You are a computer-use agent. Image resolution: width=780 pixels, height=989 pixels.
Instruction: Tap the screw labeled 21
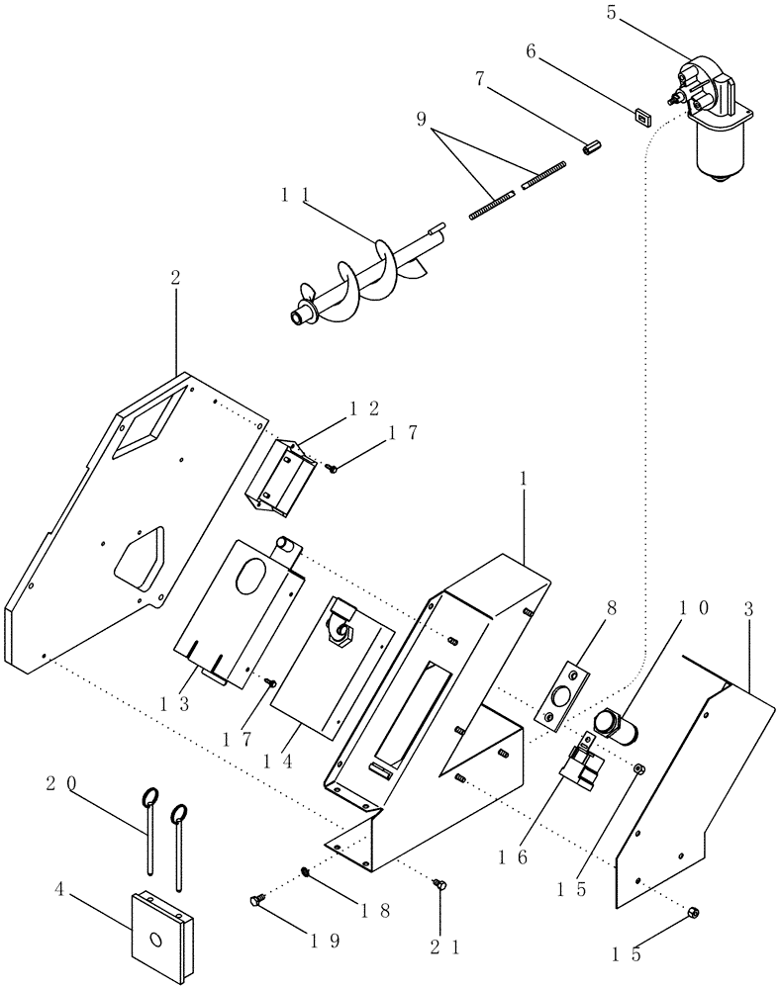pos(440,881)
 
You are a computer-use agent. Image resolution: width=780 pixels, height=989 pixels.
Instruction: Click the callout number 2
pos(175,279)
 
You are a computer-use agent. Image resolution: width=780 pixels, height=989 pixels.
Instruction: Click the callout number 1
pos(524,478)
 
